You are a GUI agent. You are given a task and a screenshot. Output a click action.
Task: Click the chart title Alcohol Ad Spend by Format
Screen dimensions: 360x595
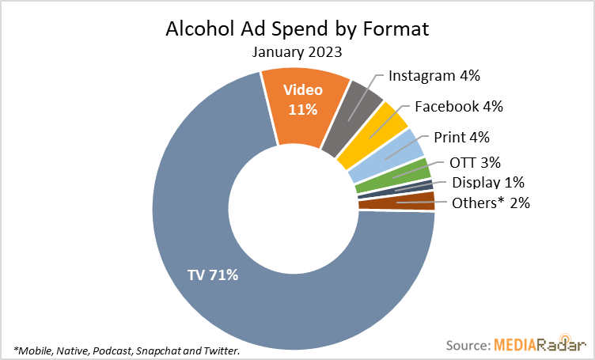[x=297, y=30]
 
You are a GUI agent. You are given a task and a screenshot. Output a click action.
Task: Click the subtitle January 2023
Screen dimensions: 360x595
[x=297, y=52]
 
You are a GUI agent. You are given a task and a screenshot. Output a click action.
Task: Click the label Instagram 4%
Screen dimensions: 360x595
[x=435, y=76]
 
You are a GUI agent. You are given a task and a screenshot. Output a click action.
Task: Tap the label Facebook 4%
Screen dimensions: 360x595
[x=459, y=106]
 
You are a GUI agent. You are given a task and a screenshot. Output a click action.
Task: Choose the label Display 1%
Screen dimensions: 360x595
[x=488, y=183]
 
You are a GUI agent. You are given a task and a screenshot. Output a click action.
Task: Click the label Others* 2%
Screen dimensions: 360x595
[x=490, y=203]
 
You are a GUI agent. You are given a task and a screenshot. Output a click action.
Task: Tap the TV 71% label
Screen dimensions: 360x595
[x=213, y=276]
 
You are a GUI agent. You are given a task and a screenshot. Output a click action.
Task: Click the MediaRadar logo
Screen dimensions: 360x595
[x=541, y=346]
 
